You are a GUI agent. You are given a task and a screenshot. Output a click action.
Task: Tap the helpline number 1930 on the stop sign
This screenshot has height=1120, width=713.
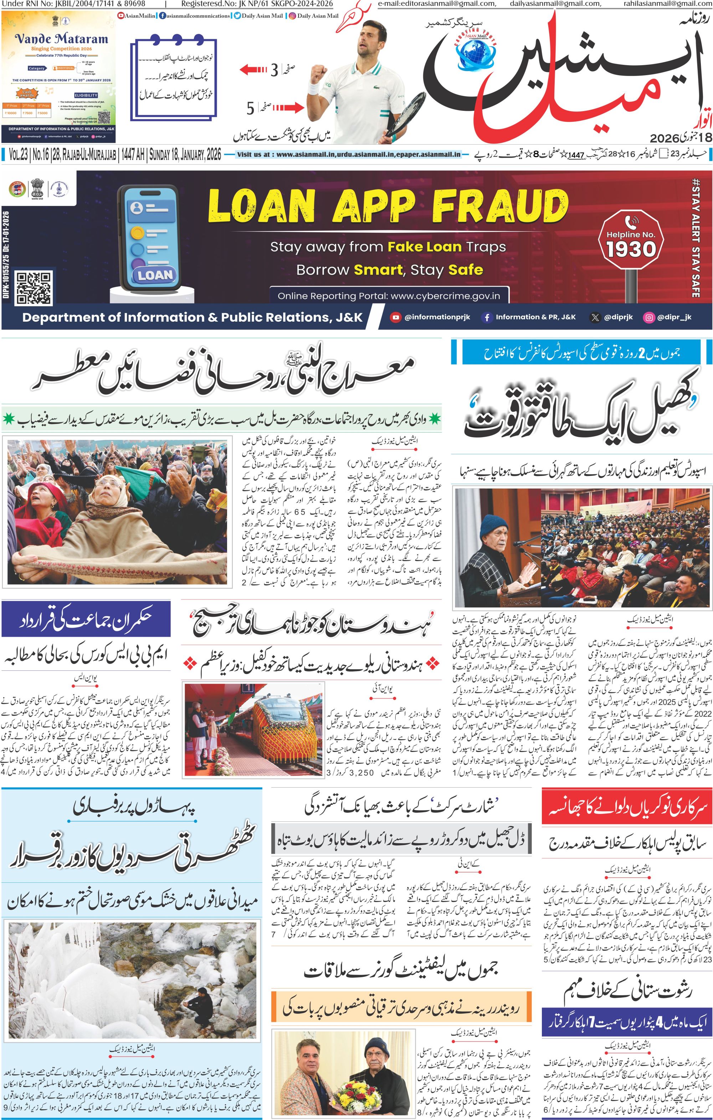click(x=631, y=249)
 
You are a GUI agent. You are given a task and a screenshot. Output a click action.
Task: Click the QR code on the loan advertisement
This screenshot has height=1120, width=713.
click(x=34, y=289)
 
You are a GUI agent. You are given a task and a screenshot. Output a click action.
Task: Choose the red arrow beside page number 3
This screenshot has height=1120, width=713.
click(x=253, y=70)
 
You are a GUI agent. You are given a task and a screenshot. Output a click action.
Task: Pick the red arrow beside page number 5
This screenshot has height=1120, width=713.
click(x=288, y=108)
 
